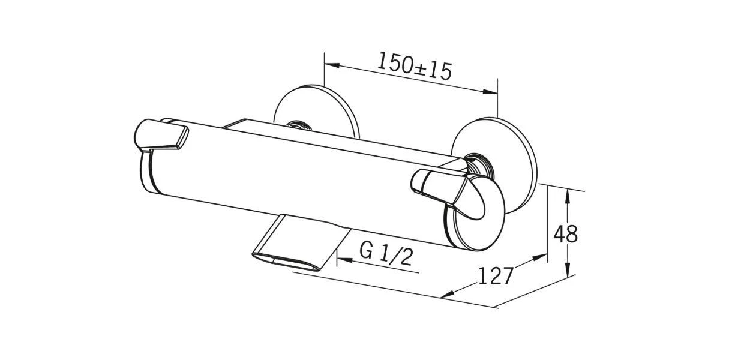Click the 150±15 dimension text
coord(414,66)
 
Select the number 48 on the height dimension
coord(565,234)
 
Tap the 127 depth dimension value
coord(496,276)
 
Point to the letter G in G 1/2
coord(366,251)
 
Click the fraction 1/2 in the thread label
coord(397,256)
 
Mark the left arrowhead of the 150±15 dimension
coord(332,64)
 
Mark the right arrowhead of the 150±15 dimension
coord(490,92)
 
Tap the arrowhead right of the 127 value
coord(539,257)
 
